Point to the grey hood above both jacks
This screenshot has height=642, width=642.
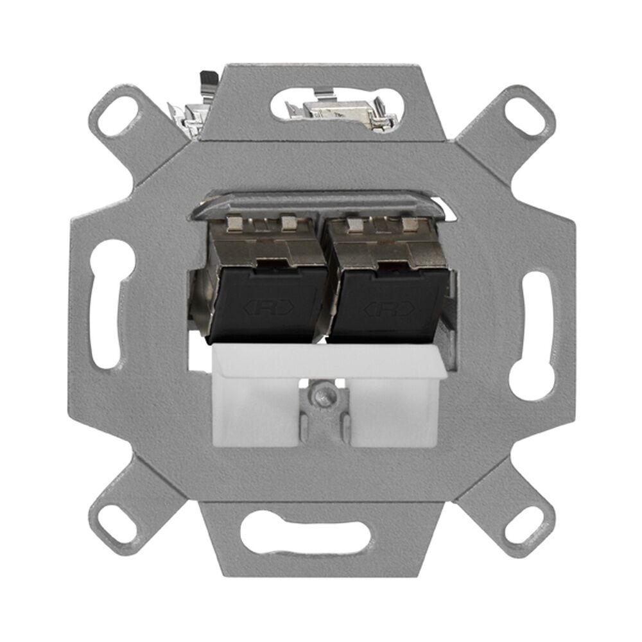tap(321, 204)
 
